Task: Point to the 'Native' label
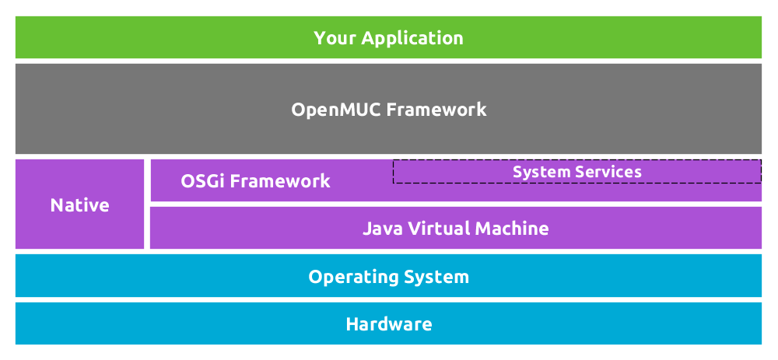click(79, 205)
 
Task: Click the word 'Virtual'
click(440, 229)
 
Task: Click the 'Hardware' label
click(388, 324)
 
